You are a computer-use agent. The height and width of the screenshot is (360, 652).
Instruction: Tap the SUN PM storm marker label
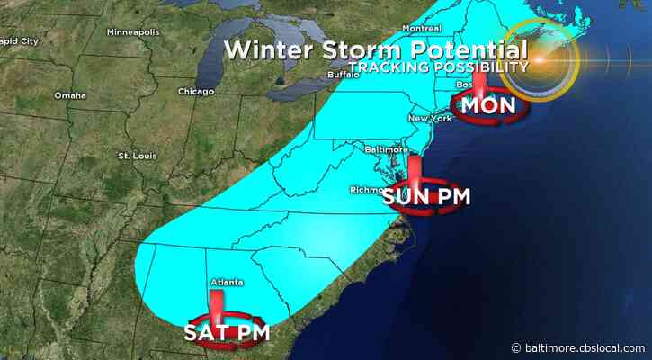tap(424, 196)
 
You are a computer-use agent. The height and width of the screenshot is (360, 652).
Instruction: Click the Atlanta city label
tap(220, 283)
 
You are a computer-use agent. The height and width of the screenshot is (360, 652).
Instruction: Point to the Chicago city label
tap(195, 91)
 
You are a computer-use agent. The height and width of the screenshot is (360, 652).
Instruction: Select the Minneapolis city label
tap(132, 32)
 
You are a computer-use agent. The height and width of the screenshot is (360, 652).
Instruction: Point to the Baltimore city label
tap(387, 149)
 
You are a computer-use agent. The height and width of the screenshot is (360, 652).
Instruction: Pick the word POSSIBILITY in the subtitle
tap(478, 68)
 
